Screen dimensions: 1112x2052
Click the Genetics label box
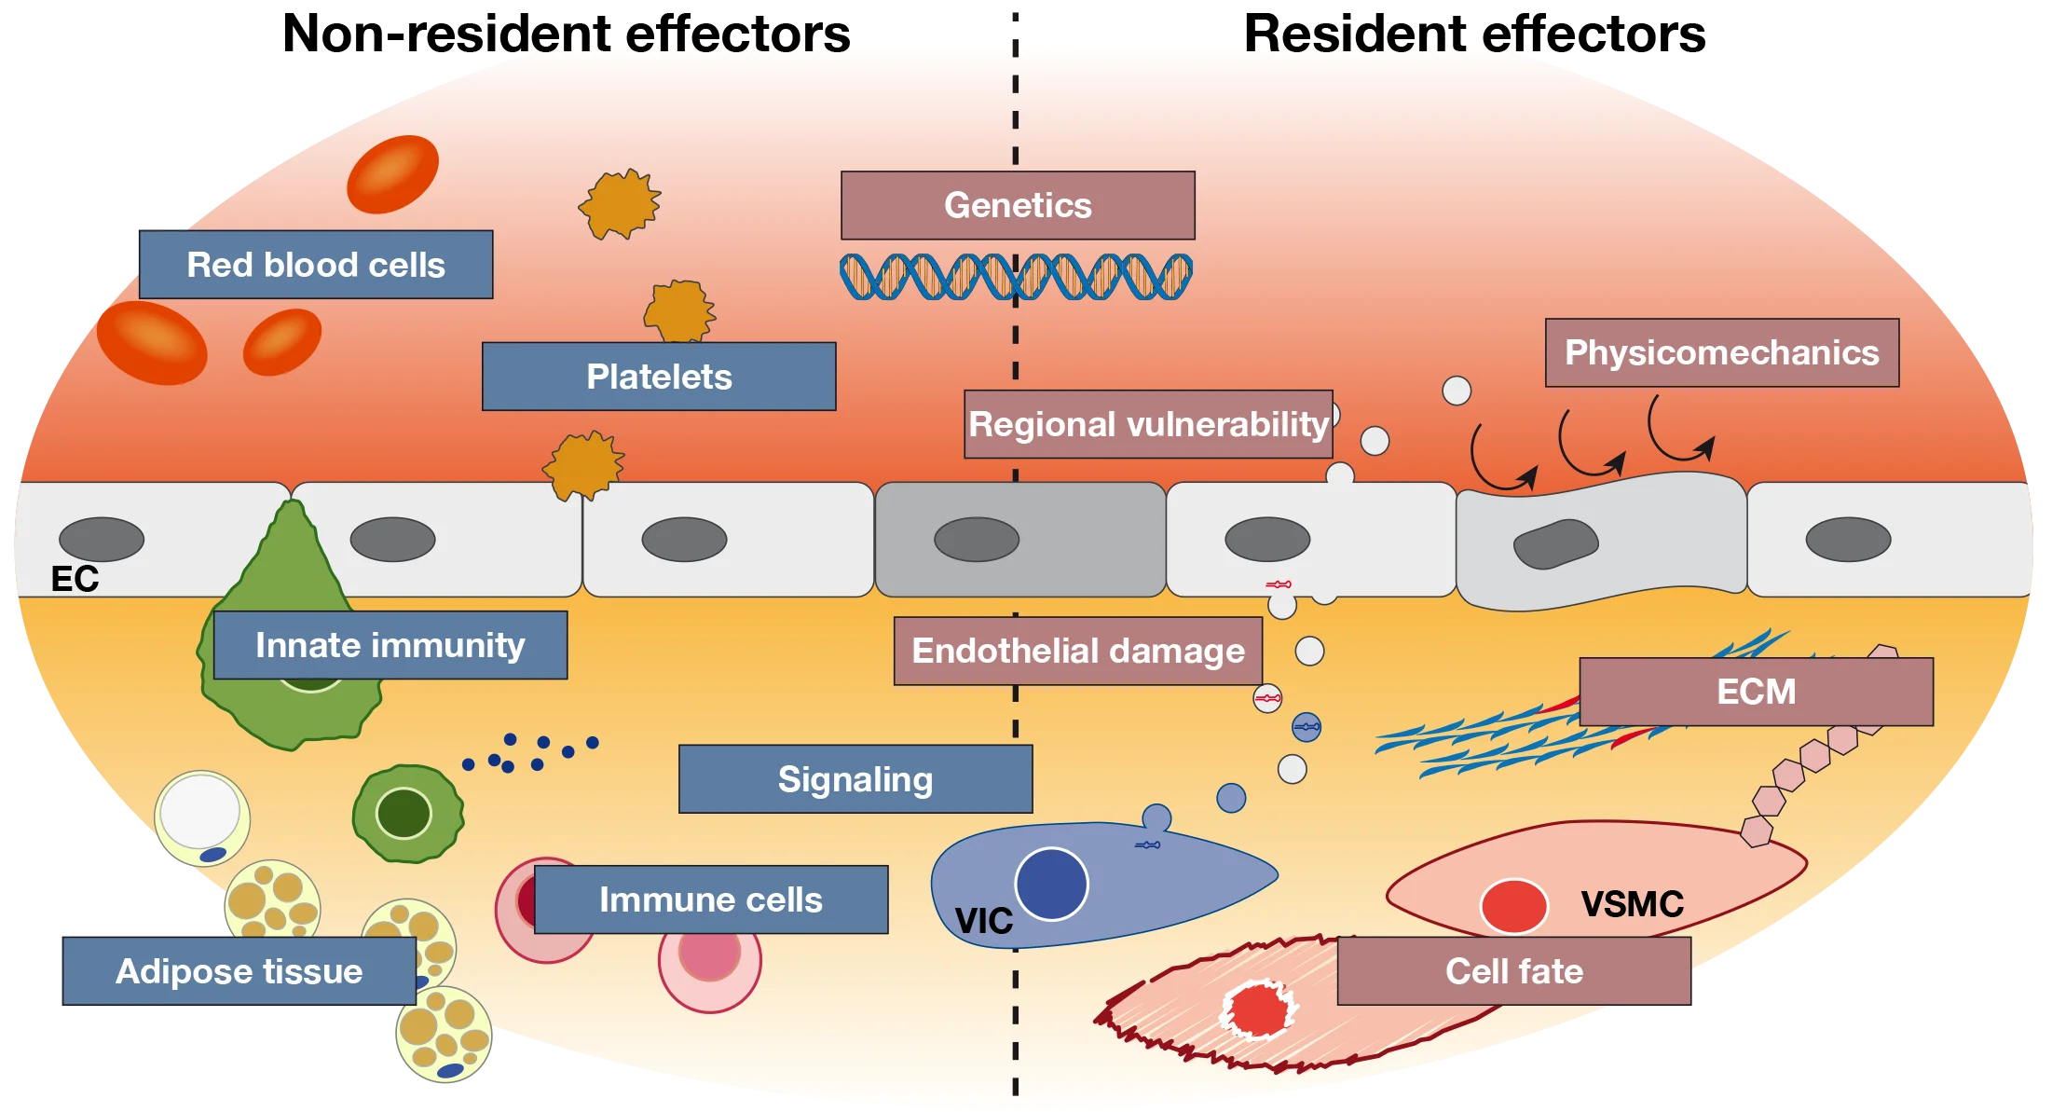tap(1018, 205)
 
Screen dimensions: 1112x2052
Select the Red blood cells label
tap(316, 265)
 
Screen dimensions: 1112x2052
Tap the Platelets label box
tap(659, 377)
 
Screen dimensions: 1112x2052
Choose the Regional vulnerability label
tap(1148, 424)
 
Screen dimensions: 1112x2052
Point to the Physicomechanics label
tap(1721, 352)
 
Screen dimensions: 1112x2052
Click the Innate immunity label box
tap(390, 645)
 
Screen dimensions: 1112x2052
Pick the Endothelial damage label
tap(1078, 651)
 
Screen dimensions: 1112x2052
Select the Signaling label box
tap(855, 779)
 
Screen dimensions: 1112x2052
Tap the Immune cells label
tap(711, 899)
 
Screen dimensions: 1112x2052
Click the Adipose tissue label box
tap(239, 971)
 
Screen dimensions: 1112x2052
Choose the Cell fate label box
tap(1513, 971)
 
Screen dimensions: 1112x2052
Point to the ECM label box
tap(1756, 692)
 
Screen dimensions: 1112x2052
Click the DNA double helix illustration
tap(1016, 277)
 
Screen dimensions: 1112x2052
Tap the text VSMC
tap(1632, 904)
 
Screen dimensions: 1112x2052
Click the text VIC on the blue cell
tap(983, 922)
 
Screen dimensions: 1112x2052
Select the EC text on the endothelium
tap(75, 579)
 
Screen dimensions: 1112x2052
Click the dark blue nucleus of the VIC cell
tap(1051, 884)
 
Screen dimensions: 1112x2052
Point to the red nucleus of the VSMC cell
tap(1513, 906)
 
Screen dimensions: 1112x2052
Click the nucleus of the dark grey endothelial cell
tap(977, 540)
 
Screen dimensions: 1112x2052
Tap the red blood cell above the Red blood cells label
tap(392, 173)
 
